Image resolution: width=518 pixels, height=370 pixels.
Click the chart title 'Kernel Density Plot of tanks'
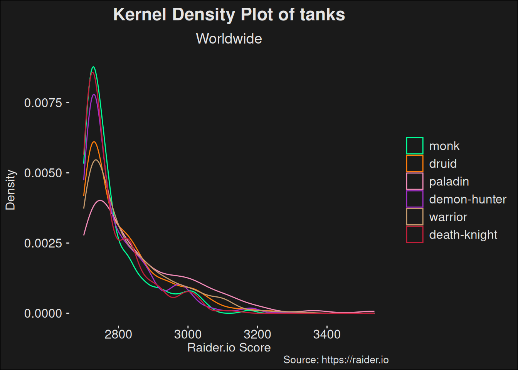point(229,15)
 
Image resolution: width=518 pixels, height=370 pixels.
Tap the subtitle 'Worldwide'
point(229,39)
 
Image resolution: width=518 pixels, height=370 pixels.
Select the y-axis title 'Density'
point(10,190)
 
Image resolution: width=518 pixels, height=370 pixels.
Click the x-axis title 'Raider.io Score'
point(229,348)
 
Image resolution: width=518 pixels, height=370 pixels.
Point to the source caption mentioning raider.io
point(336,360)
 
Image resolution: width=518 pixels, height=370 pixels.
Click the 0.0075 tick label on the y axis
point(43,103)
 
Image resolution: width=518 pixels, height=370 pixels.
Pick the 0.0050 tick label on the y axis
point(43,173)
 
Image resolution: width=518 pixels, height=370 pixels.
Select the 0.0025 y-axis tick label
point(43,243)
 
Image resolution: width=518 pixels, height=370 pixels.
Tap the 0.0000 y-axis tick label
point(43,313)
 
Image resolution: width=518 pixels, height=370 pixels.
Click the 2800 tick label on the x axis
point(118,334)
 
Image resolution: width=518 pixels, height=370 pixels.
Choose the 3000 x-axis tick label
point(188,334)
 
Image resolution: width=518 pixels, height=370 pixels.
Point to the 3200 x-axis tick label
point(257,334)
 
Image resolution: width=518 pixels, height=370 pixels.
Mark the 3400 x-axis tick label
point(327,334)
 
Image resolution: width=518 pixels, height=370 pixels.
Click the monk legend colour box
point(415,146)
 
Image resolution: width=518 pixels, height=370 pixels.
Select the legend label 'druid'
point(443,164)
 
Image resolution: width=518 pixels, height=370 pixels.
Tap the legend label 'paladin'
point(449,182)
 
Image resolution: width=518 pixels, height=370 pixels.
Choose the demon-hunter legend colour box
point(415,199)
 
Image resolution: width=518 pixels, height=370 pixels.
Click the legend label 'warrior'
point(448,217)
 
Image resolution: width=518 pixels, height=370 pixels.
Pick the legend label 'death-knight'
point(463,235)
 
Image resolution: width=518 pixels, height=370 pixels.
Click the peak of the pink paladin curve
point(100,200)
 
